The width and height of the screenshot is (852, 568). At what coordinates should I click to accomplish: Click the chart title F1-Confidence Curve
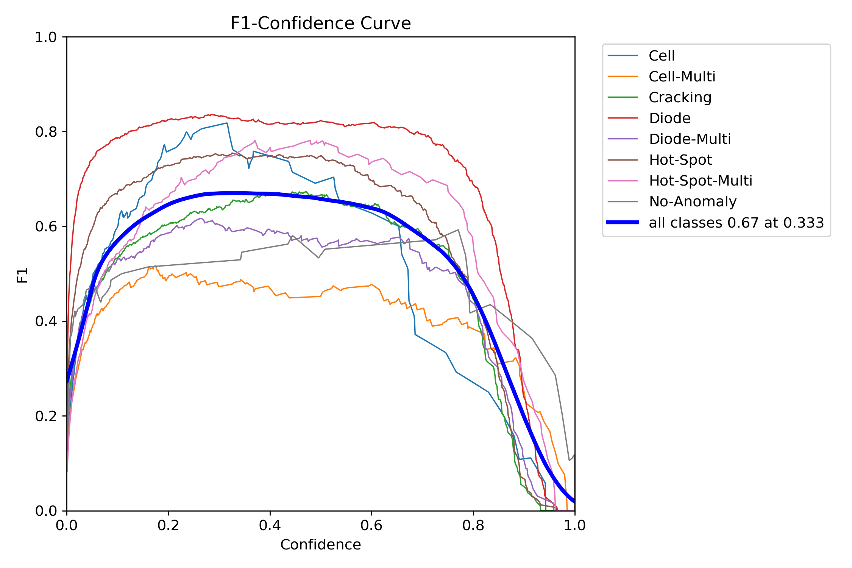[x=320, y=23]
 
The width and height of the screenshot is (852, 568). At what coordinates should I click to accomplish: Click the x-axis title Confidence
[x=320, y=545]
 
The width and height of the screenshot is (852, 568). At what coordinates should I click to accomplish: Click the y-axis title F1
[x=23, y=275]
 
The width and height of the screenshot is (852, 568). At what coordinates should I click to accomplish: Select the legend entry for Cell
[x=661, y=56]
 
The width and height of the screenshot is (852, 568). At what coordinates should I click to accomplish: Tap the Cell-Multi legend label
[x=682, y=77]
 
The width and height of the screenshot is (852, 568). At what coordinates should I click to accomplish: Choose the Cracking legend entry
[x=680, y=98]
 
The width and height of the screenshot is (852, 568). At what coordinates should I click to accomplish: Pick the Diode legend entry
[x=669, y=119]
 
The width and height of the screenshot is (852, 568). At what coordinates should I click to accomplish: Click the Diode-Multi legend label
[x=690, y=139]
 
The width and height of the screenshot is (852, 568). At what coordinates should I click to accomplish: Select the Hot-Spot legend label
[x=680, y=160]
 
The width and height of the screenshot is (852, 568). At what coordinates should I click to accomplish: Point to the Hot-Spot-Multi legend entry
[x=700, y=181]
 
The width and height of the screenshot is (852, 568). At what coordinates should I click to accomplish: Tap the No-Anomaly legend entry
[x=693, y=202]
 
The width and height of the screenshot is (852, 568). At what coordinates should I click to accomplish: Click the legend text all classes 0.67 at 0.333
[x=736, y=223]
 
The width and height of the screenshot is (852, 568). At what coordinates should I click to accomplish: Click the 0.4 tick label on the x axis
[x=270, y=526]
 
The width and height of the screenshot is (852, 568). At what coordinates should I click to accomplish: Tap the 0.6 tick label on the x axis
[x=371, y=526]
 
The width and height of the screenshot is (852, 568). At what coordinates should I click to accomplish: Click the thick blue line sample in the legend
[x=623, y=223]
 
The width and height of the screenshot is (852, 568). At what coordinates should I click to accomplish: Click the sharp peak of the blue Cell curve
[x=227, y=123]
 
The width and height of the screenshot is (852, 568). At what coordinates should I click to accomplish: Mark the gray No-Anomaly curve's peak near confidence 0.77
[x=458, y=230]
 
